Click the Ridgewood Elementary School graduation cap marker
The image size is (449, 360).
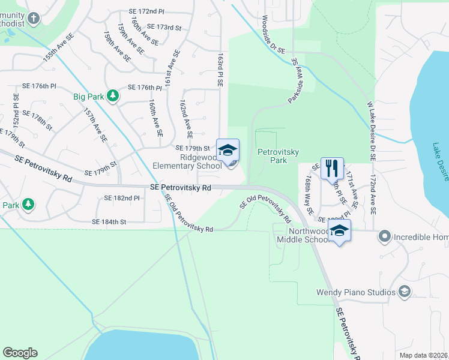228,150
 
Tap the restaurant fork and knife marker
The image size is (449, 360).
332,167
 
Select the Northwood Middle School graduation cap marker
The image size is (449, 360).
339,231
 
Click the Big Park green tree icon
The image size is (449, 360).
112,95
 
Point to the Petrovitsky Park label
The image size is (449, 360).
278,157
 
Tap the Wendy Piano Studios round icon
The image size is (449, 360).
405,292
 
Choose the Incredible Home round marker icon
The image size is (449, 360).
385,237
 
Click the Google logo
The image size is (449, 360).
20,353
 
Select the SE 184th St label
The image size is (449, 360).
109,222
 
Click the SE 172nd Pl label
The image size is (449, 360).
146,11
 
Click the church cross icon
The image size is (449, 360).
32,17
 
